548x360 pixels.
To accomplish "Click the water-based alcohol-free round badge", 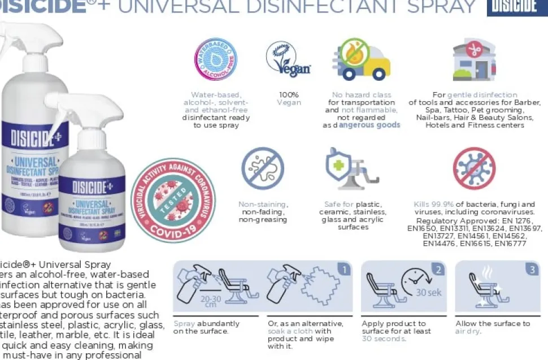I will click(215, 59).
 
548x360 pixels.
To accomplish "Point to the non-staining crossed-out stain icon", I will click(263, 167).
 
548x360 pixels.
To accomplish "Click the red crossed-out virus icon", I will click(474, 168).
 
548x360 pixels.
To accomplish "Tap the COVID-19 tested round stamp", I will click(173, 200).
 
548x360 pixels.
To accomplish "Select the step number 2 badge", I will click(438, 270).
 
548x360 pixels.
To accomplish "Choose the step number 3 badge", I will click(532, 270).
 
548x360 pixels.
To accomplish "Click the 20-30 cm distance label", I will click(210, 302).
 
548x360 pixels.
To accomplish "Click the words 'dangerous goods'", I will click(369, 125).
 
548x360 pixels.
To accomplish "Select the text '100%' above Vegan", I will click(289, 95).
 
